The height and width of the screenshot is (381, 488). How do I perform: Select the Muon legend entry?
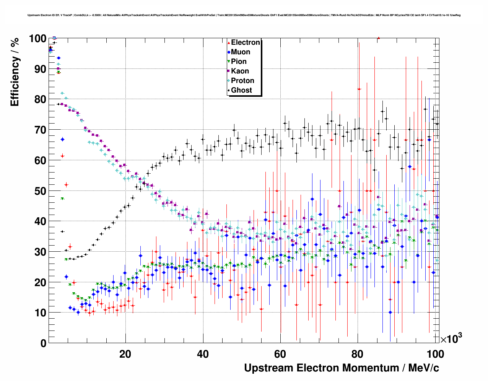pos(241,52)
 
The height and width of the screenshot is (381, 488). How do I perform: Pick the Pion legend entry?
pos(239,62)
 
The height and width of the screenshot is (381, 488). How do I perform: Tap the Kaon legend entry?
pos(240,71)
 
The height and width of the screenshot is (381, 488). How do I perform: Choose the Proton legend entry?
pos(242,81)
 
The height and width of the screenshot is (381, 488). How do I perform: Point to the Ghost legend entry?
pos(241,90)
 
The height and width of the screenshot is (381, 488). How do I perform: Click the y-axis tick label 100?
pos(38,39)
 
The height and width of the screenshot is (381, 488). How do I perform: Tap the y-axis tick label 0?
pos(43,343)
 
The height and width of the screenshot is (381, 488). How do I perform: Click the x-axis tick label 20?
pos(125,354)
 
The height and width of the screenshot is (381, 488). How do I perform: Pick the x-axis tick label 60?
pos(280,354)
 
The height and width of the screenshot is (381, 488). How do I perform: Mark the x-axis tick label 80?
pos(358,354)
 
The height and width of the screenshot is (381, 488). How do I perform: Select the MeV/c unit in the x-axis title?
pos(424,368)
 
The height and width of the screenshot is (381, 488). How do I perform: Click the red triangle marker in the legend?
pos(229,43)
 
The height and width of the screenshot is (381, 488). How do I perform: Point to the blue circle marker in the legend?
pos(229,52)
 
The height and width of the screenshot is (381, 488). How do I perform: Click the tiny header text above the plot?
pos(244,15)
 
